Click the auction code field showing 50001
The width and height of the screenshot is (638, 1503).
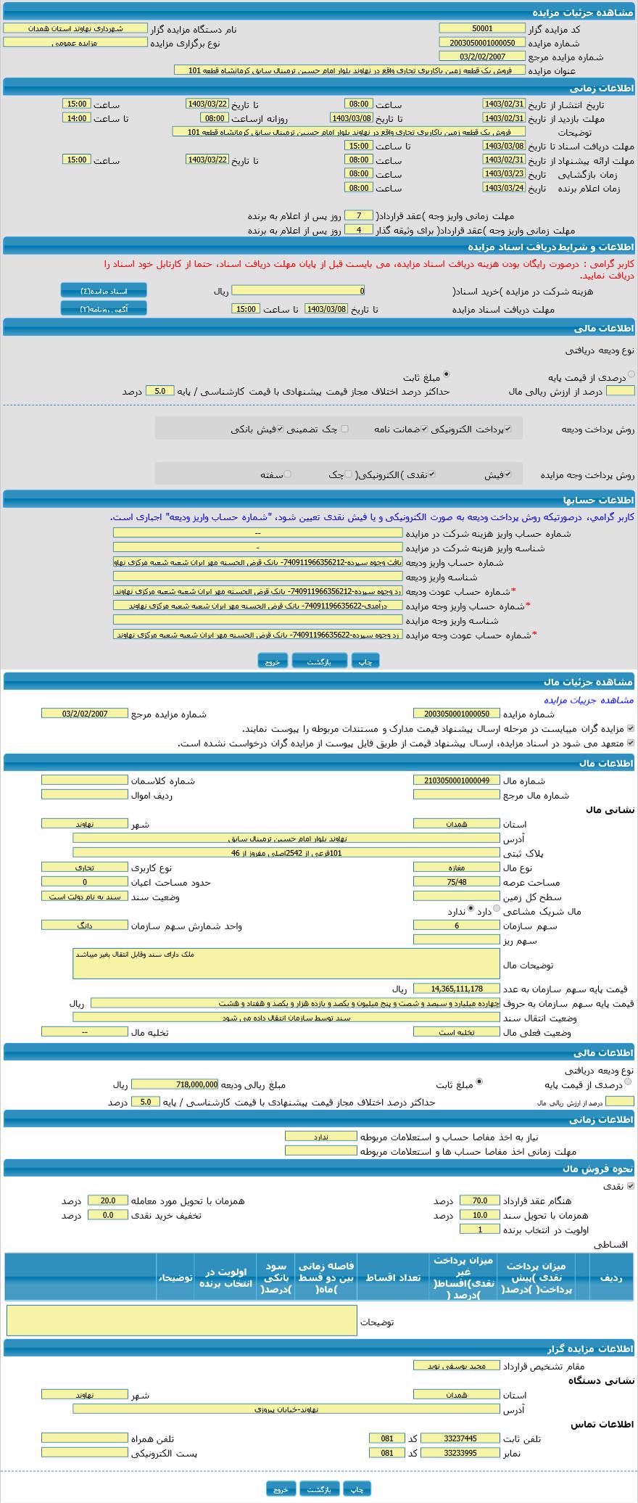pos(481,28)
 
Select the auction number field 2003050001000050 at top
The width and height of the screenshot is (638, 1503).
pos(481,43)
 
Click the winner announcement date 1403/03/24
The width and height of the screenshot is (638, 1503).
pos(503,188)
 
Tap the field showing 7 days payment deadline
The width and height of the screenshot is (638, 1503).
pos(358,215)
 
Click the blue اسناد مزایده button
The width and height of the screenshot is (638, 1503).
pos(104,291)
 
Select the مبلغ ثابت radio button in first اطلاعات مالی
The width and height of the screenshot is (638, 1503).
pos(447,374)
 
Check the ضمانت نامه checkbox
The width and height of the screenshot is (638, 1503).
pos(425,429)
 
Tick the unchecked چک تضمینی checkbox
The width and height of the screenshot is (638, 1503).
pos(344,429)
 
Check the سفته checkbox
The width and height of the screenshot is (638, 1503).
pos(288,474)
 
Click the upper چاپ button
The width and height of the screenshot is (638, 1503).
pos(365,661)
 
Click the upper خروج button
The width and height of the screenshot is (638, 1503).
pos(273,661)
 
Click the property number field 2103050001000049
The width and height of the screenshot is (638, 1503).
pos(456,780)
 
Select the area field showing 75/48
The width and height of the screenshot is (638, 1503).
pos(456,881)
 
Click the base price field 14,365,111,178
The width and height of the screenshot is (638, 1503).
pos(456,988)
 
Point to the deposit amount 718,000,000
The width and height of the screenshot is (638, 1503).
pos(175,1084)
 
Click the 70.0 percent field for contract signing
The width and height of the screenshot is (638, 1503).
pos(479,1201)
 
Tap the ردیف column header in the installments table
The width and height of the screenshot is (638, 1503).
pos(611,1277)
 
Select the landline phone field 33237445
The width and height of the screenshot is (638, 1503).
pos(460,1438)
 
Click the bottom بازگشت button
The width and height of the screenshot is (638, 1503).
pos(319,1488)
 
